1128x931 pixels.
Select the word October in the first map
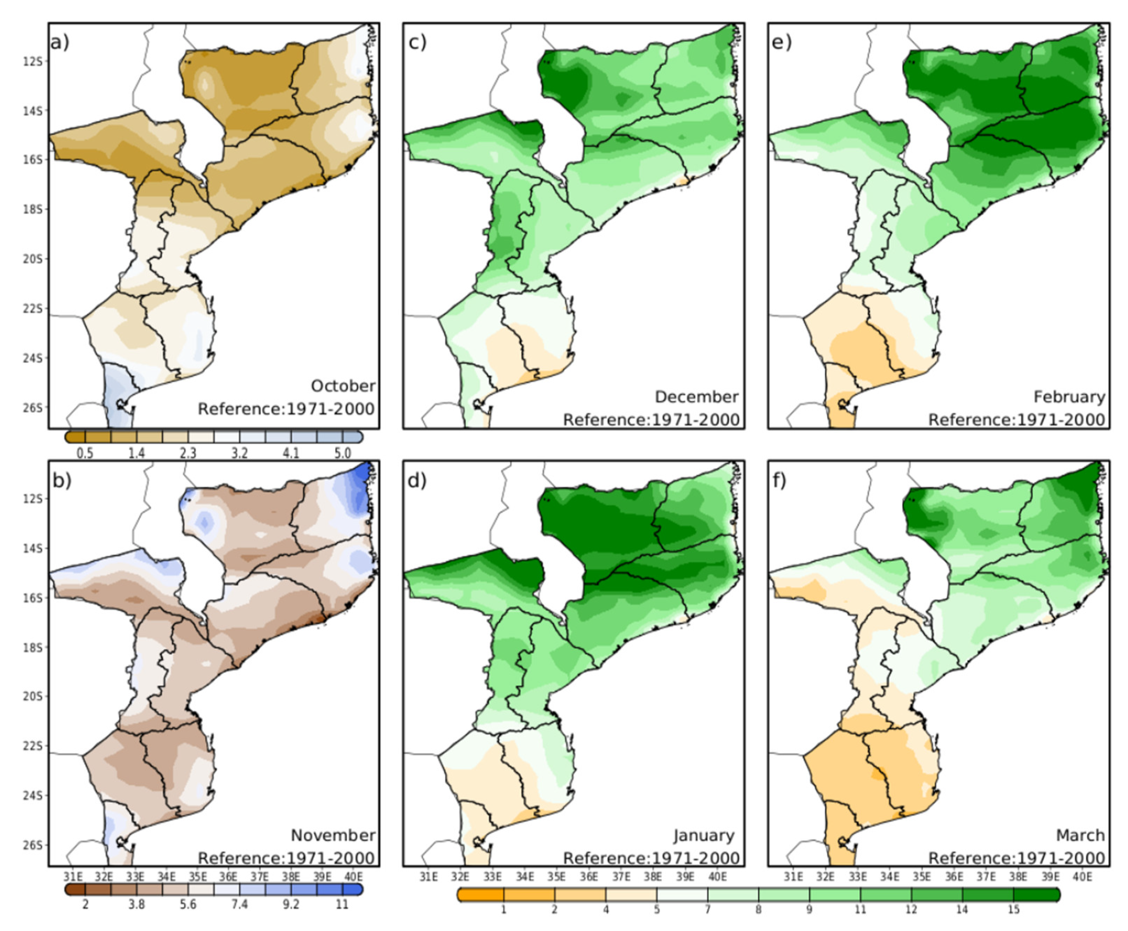pos(343,386)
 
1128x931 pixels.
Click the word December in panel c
pos(696,397)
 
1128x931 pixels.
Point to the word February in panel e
pos(1069,397)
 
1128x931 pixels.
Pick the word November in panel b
pos(332,835)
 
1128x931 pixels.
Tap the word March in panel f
pos(1080,835)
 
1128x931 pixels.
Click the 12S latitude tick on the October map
pos(32,62)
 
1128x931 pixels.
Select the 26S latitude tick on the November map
pos(32,846)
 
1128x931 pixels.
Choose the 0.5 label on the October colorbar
pos(85,454)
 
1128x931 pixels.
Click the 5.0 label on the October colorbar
pos(342,454)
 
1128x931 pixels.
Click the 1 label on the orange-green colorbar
pos(503,910)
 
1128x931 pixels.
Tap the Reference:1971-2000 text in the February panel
pos(1016,419)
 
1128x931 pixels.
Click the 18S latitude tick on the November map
pos(32,648)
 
